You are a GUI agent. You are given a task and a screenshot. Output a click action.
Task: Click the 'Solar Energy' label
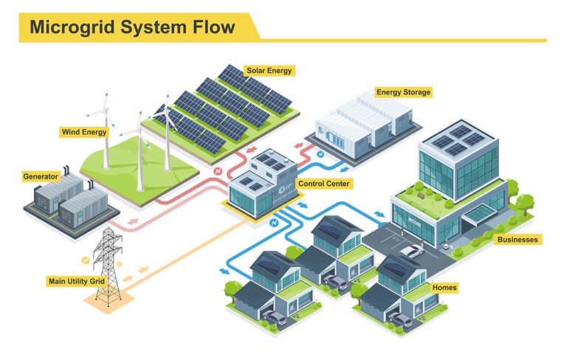pos(269,71)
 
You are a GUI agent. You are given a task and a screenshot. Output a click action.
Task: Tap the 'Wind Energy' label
pos(83,133)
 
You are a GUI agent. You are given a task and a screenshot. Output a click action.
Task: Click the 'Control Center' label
pos(323,183)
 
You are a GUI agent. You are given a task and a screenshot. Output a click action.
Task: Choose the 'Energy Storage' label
pos(403,92)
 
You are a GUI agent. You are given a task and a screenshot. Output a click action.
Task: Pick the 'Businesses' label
pos(518,240)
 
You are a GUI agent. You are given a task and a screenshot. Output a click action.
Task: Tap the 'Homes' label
pos(444,287)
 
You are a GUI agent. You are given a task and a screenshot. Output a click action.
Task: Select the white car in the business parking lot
pos(411,252)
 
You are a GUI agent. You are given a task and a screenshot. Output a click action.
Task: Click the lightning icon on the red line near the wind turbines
pos(217,173)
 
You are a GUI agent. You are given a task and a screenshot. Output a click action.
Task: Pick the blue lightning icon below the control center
pos(274,220)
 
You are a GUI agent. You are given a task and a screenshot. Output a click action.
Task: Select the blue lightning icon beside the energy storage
pos(320,155)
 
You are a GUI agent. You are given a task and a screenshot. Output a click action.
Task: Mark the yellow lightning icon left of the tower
pos(86,260)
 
